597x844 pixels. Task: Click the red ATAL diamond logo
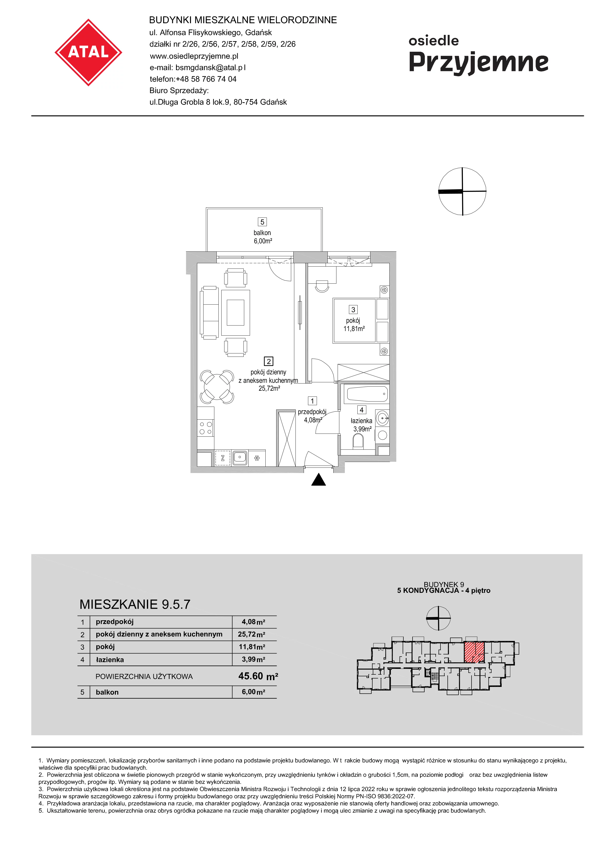88,52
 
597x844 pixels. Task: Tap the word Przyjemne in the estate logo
479,63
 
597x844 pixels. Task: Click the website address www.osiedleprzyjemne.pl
194,56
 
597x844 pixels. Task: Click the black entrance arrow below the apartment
319,480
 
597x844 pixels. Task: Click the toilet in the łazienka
358,441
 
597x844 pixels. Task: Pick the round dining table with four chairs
217,387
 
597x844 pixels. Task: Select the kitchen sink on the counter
239,458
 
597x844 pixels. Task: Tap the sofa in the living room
209,313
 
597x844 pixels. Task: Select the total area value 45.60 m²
258,676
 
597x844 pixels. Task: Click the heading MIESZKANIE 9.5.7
135,605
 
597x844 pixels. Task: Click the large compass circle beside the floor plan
462,191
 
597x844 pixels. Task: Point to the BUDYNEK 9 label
444,584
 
